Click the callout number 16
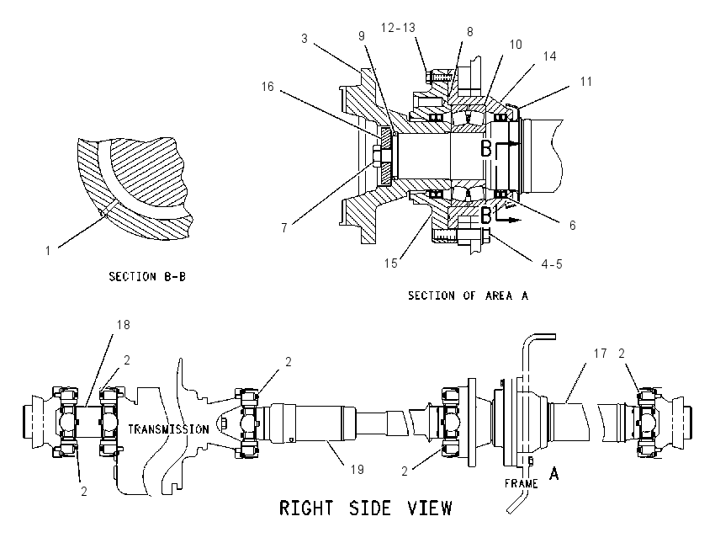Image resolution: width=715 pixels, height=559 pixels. click(267, 86)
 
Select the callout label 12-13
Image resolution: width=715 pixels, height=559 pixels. click(398, 28)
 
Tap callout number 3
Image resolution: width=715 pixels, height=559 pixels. click(305, 39)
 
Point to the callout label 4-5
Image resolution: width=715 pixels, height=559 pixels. click(552, 264)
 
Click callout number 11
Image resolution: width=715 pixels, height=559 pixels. click(586, 82)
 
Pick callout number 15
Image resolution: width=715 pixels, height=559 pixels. click(391, 264)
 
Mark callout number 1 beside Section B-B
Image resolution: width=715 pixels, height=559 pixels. click(48, 251)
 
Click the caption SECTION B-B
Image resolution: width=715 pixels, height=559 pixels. click(147, 276)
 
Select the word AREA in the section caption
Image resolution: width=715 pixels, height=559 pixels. click(499, 295)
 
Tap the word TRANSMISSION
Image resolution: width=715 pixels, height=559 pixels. click(168, 429)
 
